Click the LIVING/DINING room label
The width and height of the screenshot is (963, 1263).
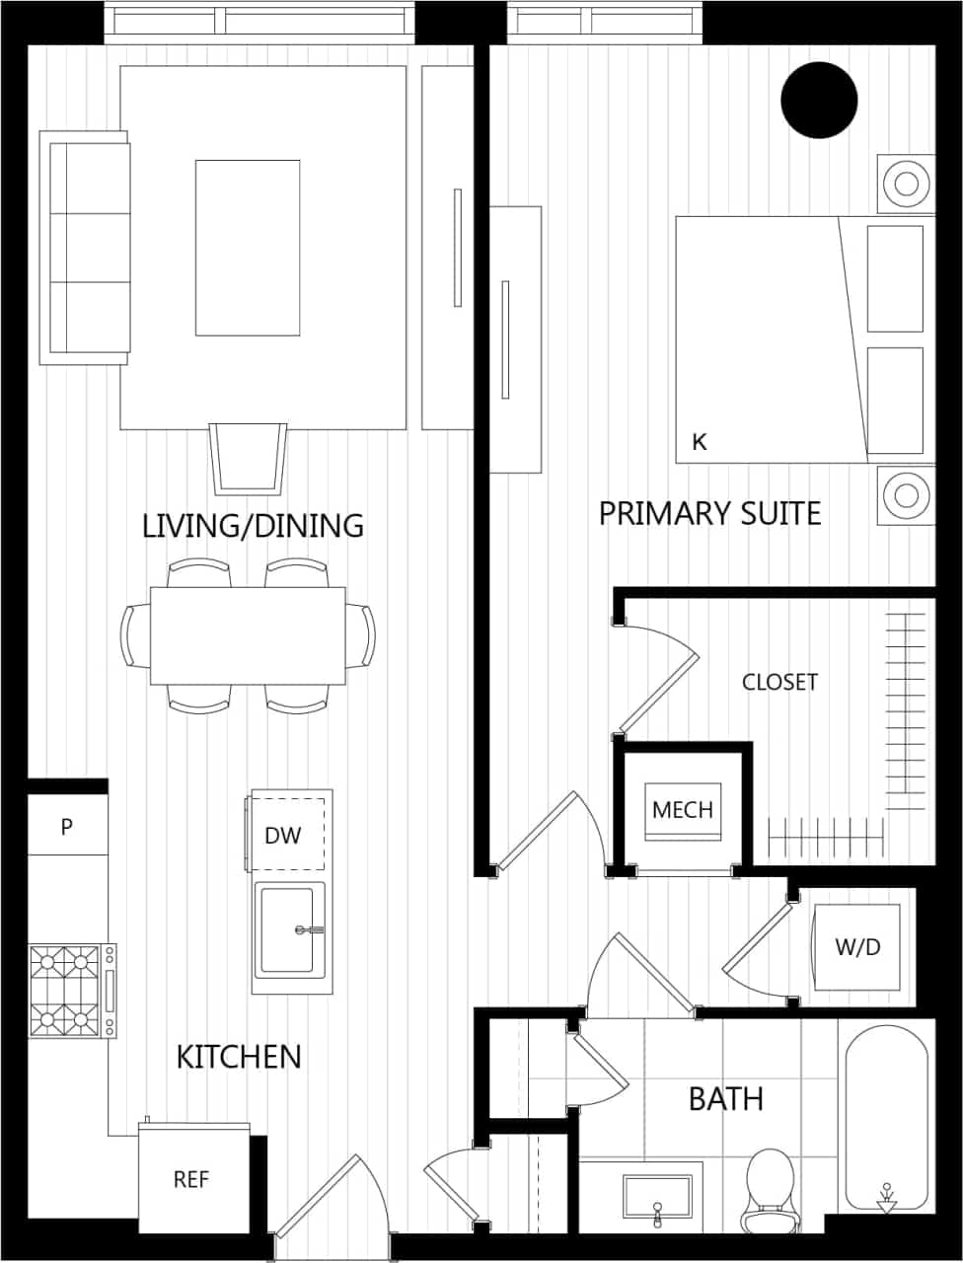(x=253, y=525)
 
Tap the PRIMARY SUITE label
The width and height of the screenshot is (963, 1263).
(x=709, y=514)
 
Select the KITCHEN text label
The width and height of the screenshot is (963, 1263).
(x=239, y=1057)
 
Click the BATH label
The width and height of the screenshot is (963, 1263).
(x=725, y=1098)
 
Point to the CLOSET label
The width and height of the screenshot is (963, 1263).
(x=779, y=682)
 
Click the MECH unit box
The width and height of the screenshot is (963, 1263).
(x=683, y=810)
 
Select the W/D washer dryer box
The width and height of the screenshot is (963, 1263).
(x=856, y=947)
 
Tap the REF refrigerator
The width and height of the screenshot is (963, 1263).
(x=191, y=1179)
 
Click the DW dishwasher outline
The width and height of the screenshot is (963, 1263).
(x=286, y=835)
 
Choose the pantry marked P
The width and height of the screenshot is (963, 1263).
(x=66, y=826)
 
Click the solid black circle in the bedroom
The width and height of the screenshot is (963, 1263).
(x=819, y=100)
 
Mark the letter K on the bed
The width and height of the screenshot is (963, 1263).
(x=700, y=442)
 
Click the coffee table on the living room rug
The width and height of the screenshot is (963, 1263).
(x=248, y=248)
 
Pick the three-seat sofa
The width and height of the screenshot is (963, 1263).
(x=86, y=248)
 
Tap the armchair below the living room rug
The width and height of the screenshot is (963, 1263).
(x=248, y=458)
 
